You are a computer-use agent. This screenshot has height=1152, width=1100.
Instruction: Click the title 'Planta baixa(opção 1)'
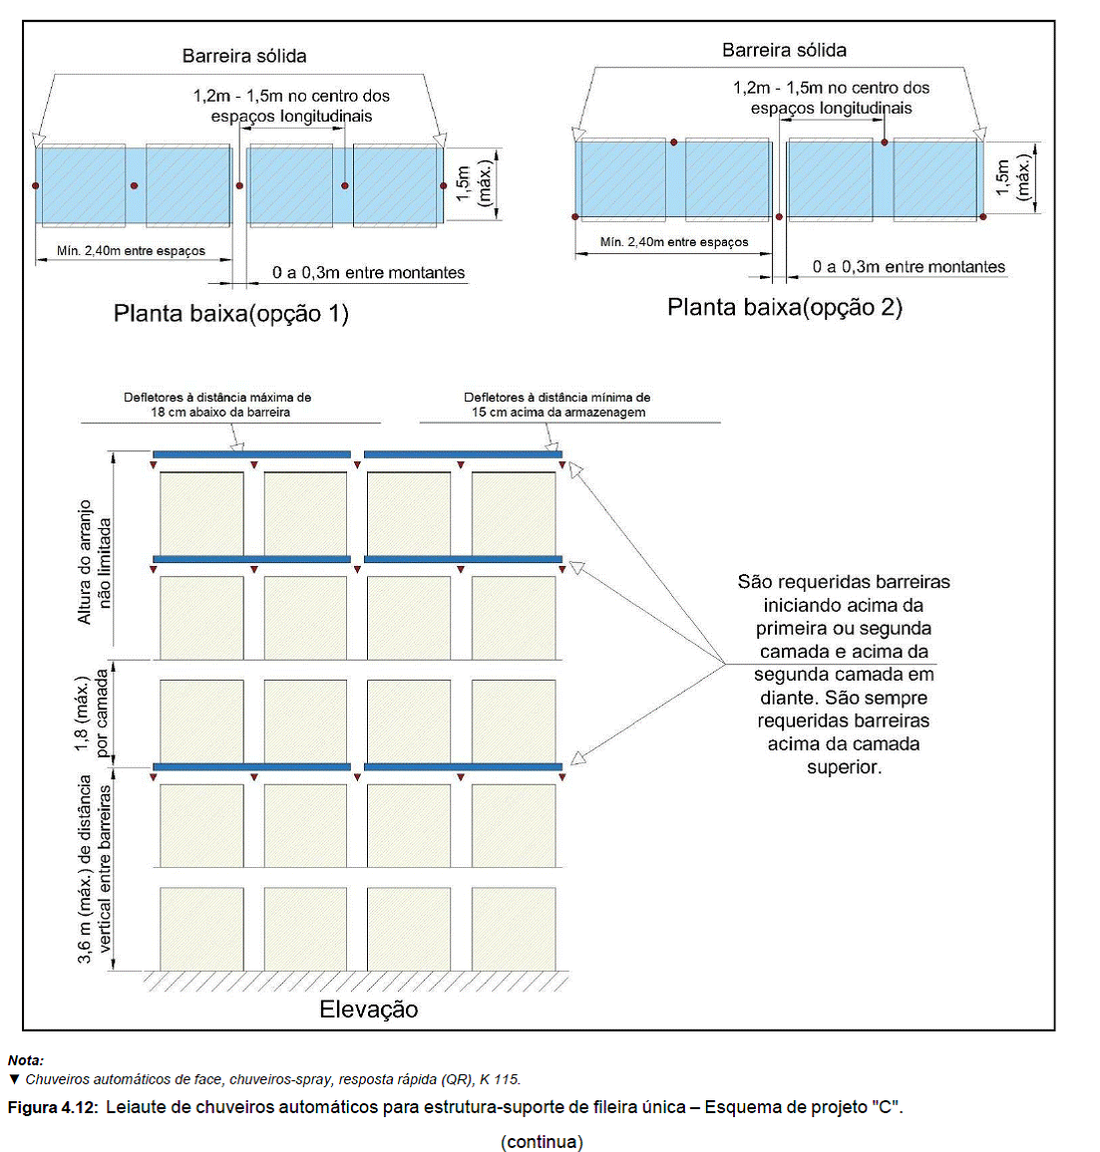(231, 314)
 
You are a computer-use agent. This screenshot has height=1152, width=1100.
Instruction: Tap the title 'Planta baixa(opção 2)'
(785, 307)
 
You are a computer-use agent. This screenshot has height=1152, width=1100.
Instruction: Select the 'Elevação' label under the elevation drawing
(368, 1009)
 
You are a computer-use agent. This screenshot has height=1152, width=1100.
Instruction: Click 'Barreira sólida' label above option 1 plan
(244, 56)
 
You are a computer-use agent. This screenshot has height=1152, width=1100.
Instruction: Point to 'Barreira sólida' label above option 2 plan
(784, 50)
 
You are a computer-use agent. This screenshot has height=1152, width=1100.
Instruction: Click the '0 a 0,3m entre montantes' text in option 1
(368, 273)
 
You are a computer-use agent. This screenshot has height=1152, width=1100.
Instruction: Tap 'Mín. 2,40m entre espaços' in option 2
(674, 242)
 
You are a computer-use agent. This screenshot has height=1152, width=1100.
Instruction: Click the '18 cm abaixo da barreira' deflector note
(220, 413)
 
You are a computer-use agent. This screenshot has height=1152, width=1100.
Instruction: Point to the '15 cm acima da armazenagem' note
(558, 413)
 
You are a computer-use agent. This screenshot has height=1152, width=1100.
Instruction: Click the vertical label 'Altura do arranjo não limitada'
(94, 562)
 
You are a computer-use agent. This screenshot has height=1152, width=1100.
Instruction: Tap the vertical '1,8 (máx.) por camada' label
(91, 712)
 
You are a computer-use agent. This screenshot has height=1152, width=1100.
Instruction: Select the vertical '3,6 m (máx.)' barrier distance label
(95, 869)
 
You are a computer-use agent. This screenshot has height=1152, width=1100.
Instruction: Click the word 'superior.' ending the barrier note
(844, 767)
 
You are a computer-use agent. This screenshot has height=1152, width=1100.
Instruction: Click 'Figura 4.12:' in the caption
(53, 1107)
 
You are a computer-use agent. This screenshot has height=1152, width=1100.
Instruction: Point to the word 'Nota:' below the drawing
(26, 1060)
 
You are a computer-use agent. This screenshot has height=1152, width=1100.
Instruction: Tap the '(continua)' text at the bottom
(542, 1142)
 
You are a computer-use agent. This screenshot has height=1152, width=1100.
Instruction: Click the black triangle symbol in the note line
(14, 1079)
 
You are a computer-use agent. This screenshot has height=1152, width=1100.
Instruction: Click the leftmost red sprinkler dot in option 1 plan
(35, 186)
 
